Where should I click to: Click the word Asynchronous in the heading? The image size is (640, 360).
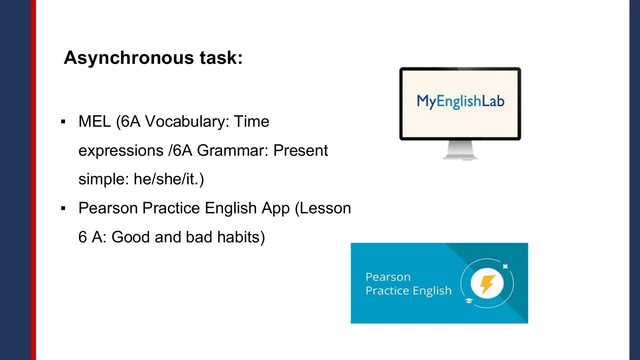(129, 58)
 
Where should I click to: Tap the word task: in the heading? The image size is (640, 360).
(221, 58)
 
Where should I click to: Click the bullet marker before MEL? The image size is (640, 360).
(63, 122)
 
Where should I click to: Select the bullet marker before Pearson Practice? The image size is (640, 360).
(63, 209)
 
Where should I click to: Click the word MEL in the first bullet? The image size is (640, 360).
(94, 121)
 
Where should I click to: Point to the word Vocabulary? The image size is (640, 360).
(187, 121)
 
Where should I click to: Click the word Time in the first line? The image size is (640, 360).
(251, 121)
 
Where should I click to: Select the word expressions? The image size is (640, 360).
(121, 151)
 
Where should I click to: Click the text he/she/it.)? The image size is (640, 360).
(169, 179)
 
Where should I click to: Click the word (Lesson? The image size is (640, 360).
(323, 208)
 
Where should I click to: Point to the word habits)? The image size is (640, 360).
(241, 237)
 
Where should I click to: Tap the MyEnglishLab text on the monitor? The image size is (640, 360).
(460, 101)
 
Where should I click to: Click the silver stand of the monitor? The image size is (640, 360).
(460, 150)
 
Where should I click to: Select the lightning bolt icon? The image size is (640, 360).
(487, 284)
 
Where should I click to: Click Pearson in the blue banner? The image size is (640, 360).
(388, 277)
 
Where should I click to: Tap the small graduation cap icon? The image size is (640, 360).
(469, 301)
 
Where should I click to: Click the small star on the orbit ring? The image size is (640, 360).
(505, 266)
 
